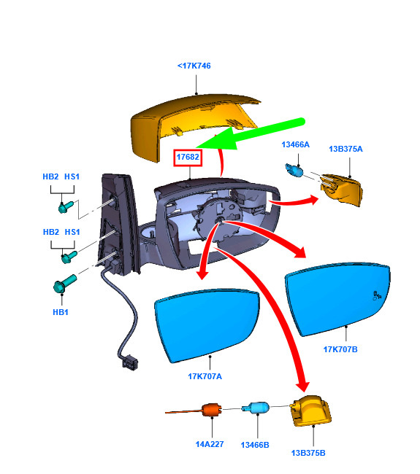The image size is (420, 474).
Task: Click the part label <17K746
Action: (x=194, y=66)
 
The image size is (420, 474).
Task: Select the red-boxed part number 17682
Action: (x=188, y=158)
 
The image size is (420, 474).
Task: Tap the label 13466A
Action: (x=296, y=144)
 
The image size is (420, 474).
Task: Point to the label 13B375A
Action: (x=345, y=149)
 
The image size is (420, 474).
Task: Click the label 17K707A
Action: (x=205, y=376)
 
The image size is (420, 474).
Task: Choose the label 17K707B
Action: (x=340, y=349)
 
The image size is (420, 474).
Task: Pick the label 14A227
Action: (x=210, y=444)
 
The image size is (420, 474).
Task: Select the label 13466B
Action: (x=255, y=445)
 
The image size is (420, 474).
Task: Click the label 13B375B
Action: (x=308, y=453)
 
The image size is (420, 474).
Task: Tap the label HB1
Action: (x=61, y=312)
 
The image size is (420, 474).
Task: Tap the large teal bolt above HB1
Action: (x=64, y=283)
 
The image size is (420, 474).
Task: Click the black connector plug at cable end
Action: (x=130, y=362)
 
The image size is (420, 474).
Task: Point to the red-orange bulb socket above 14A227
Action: (x=212, y=411)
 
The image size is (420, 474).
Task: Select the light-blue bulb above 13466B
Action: (x=256, y=408)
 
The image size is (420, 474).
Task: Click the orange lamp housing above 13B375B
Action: (x=310, y=411)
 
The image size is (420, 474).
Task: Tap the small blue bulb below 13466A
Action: (x=294, y=171)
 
